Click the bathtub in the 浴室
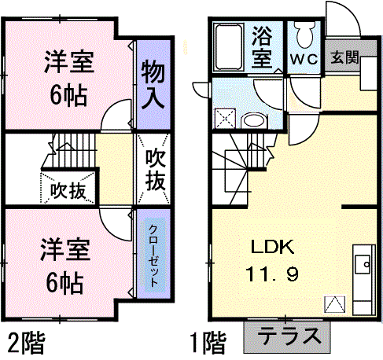(228, 46)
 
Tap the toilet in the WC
(304, 34)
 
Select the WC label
(304, 60)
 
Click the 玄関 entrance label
(344, 57)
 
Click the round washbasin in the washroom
(253, 121)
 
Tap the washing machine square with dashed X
(225, 119)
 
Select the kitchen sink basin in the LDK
(363, 264)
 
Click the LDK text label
(272, 247)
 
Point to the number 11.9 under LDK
(271, 274)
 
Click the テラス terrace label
(289, 336)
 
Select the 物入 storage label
(153, 84)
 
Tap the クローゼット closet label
(153, 255)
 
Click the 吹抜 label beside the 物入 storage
(156, 170)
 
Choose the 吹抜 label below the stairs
(68, 190)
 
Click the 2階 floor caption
(26, 343)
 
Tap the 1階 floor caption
(208, 343)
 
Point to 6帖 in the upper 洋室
(68, 96)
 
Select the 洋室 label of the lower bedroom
(65, 249)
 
